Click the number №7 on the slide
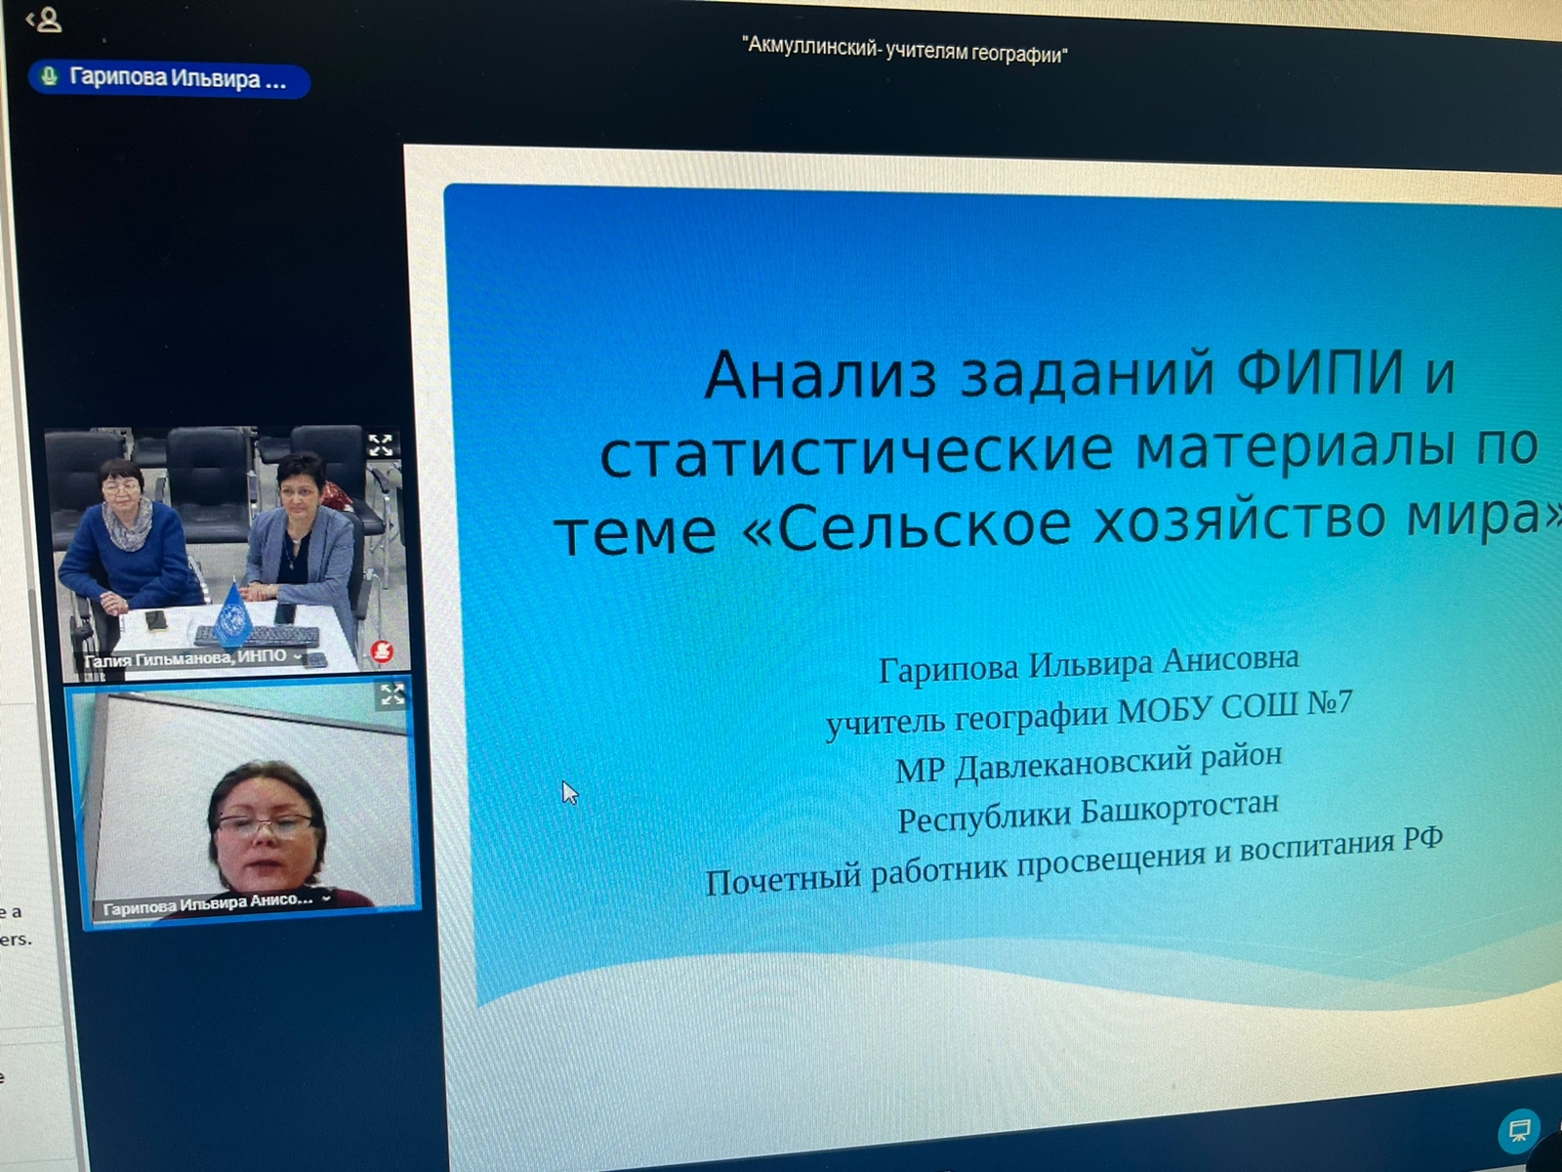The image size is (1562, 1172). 1330,703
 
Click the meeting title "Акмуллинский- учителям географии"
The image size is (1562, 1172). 904,51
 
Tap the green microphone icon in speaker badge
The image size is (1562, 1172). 49,75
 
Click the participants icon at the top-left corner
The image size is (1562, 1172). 46,20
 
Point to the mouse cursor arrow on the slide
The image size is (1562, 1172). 570,792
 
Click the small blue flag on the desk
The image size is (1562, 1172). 232,616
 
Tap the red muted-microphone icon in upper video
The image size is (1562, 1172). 382,650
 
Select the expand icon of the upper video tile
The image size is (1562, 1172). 381,445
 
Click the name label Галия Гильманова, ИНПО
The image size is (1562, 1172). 185,657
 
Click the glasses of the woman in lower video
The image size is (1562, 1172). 265,824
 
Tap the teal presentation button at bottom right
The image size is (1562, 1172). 1519,1130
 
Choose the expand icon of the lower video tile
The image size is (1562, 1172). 392,693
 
